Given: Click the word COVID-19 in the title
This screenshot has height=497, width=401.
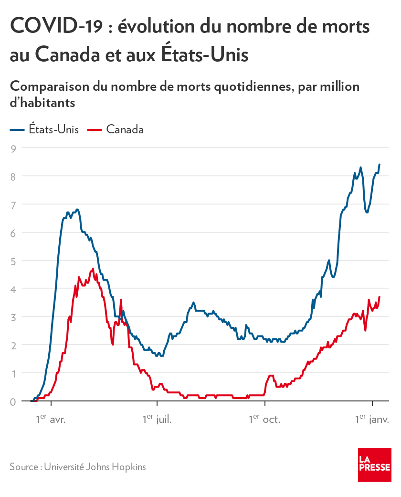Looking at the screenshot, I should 55,26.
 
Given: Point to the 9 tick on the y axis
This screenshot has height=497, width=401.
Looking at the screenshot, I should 14,148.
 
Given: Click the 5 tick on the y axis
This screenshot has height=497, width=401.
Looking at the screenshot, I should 14,261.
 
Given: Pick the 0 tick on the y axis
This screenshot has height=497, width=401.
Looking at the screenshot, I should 14,401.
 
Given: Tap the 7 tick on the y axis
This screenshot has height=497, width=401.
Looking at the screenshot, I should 14,205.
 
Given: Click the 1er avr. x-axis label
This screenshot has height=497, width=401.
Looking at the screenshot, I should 51,420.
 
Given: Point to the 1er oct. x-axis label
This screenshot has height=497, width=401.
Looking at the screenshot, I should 264,420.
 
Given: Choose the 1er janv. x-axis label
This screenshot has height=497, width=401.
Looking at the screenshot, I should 372,420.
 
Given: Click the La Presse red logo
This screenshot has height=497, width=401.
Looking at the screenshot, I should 375,465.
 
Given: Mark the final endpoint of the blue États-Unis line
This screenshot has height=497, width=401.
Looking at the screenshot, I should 380,164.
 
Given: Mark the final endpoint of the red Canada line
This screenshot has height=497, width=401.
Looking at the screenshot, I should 380,297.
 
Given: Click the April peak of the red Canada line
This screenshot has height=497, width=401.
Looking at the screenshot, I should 93,269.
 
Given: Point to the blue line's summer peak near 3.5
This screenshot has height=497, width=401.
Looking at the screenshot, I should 193,303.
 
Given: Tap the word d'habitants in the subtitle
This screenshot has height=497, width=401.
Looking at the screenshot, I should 42,102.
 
